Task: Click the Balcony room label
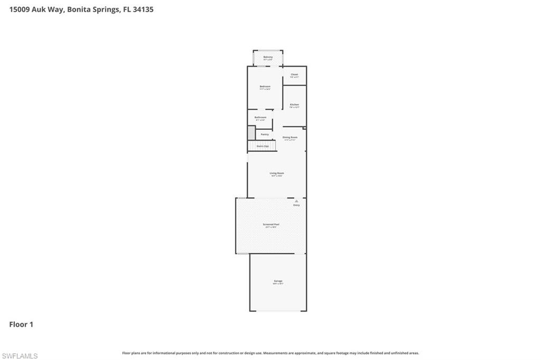(x=268, y=58)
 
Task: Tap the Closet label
(x=294, y=75)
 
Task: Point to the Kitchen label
(x=294, y=105)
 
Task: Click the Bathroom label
(x=260, y=118)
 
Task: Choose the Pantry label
(x=265, y=134)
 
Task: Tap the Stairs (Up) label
(x=263, y=146)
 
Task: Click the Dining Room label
(x=290, y=138)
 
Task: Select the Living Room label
(x=277, y=174)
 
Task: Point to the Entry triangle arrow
(x=296, y=201)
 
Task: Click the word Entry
(x=296, y=205)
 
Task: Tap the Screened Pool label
(x=271, y=225)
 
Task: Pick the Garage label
(x=278, y=281)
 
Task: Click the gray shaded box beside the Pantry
(x=251, y=132)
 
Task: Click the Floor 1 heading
(x=21, y=325)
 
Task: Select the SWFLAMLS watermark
(x=20, y=356)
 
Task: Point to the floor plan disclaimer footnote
(x=270, y=353)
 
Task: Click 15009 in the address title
(x=20, y=10)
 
